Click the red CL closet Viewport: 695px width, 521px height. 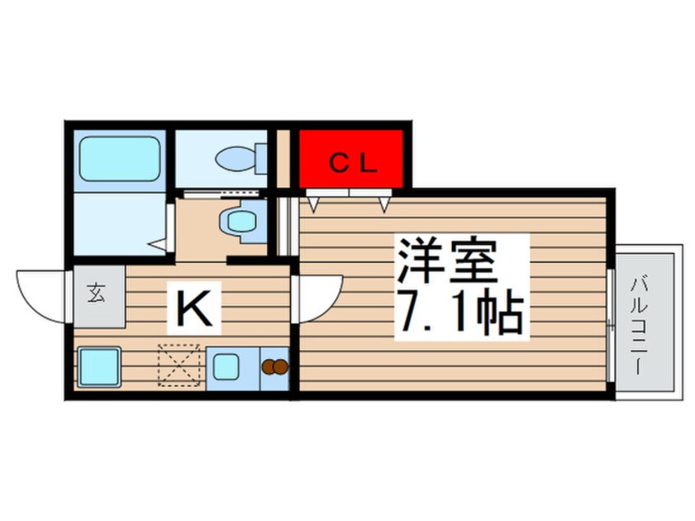(351, 159)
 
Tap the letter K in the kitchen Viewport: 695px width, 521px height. (193, 308)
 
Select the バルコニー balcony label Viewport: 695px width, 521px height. (641, 324)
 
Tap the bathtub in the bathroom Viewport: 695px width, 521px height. (120, 159)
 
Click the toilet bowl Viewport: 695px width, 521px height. (235, 159)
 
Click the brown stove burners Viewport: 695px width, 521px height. (275, 367)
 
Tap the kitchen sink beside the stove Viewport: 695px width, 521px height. (226, 367)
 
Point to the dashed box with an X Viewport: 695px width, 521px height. (179, 366)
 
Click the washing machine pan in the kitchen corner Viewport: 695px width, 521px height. (99, 367)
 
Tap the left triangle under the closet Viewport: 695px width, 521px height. (314, 205)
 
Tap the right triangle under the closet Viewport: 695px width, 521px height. (384, 205)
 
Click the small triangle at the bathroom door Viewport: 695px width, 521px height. (158, 244)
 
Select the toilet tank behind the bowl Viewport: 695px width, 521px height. (262, 159)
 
